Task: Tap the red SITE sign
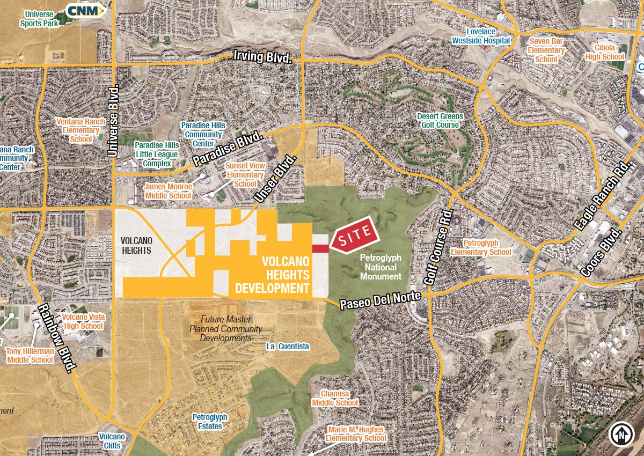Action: tap(355, 233)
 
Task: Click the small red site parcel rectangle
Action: tap(320, 248)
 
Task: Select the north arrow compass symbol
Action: tap(621, 433)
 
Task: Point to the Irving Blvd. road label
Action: tap(263, 57)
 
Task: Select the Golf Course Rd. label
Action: tap(440, 248)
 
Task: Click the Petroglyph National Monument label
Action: tap(380, 267)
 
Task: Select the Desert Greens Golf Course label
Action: tap(440, 121)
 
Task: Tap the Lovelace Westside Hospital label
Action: tap(481, 36)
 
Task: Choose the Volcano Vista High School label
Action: tap(83, 321)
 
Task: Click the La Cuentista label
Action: tap(288, 347)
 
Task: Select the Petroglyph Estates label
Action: tap(210, 422)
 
